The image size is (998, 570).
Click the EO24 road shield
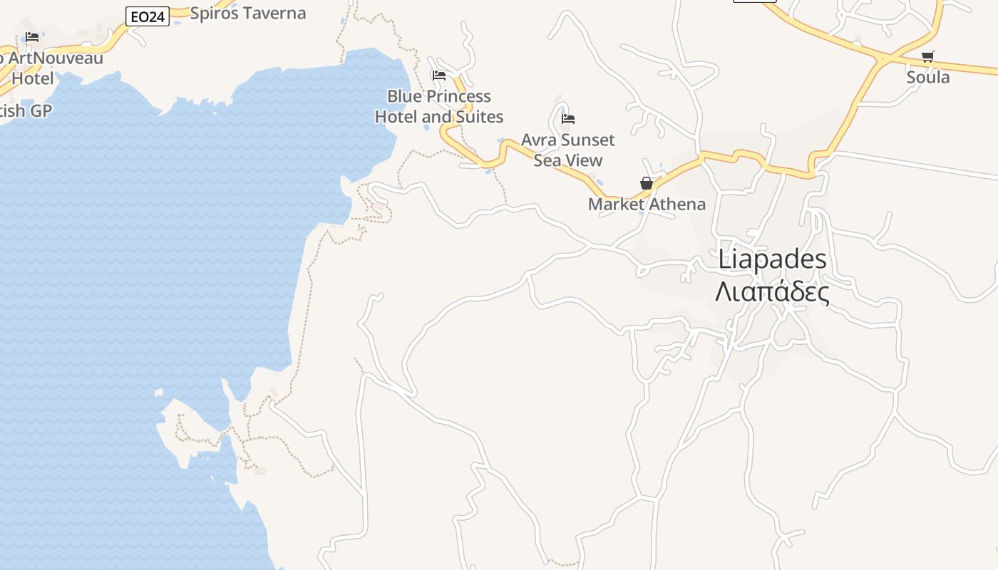tap(148, 17)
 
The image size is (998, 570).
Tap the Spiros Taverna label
tap(248, 14)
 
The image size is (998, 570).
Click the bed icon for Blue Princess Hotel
tap(439, 75)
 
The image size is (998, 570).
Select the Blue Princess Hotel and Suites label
tap(439, 107)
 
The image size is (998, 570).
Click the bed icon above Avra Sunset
tap(568, 118)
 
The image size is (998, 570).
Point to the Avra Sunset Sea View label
tap(568, 150)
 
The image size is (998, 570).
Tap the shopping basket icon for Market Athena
tap(647, 183)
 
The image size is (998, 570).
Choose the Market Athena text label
tap(647, 204)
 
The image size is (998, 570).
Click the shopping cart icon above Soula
tap(927, 56)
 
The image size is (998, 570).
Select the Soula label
tap(927, 77)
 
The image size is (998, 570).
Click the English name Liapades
tap(772, 259)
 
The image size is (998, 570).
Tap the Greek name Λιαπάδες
tap(772, 293)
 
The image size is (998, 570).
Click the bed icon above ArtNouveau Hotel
tap(32, 36)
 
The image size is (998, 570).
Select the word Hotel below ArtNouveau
tap(33, 78)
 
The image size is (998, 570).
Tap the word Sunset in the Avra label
tap(586, 140)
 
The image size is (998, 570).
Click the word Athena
tap(677, 204)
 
